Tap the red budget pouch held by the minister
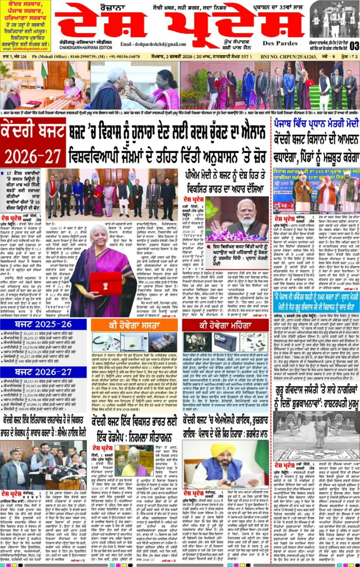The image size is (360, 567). (106, 283)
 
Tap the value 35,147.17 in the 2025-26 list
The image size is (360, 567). (32, 334)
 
